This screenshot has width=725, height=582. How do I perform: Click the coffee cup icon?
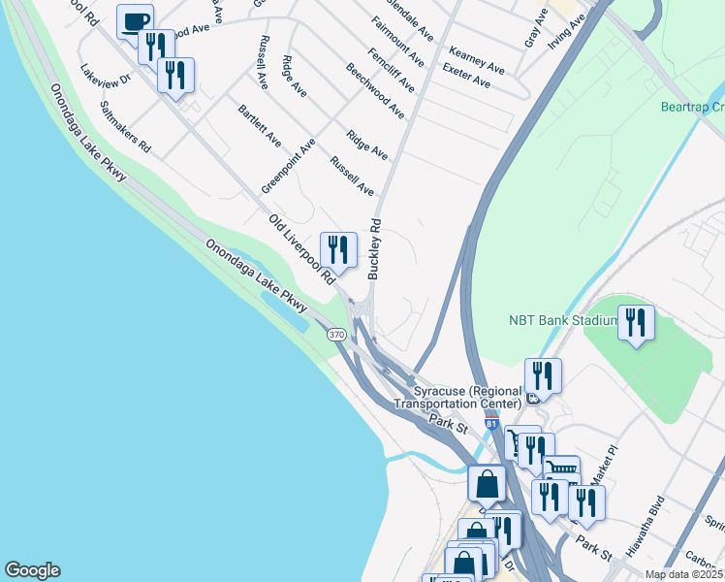click(x=136, y=21)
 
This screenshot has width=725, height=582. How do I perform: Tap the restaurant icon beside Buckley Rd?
click(x=338, y=249)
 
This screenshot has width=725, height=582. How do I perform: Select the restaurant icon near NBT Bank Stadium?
click(x=636, y=322)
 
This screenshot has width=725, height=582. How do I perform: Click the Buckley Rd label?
click(x=374, y=249)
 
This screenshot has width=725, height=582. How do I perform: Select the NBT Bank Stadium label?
click(x=563, y=320)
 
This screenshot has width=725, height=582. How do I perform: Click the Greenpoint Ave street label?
click(x=289, y=165)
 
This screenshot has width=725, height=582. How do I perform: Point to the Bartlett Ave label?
click(x=259, y=126)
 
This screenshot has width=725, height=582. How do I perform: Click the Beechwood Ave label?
click(x=375, y=91)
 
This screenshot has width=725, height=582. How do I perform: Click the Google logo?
click(x=32, y=570)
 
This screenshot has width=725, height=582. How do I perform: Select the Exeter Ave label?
click(x=465, y=76)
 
